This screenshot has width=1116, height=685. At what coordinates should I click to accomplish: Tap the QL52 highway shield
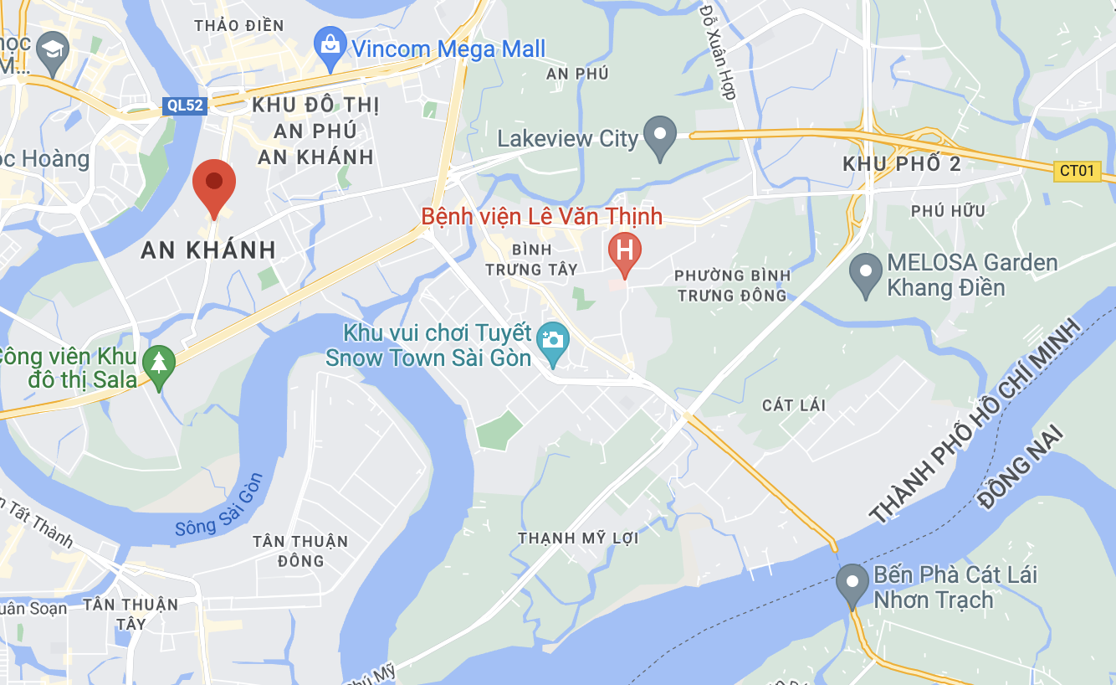(x=184, y=105)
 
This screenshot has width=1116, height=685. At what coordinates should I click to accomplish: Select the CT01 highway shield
(x=1077, y=171)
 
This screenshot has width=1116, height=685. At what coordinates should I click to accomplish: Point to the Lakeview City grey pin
(x=660, y=136)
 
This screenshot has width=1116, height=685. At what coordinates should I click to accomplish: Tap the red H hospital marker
(x=624, y=250)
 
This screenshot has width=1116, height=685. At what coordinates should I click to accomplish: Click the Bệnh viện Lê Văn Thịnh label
(x=541, y=217)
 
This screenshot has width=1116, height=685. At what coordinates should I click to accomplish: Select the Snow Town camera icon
(x=552, y=340)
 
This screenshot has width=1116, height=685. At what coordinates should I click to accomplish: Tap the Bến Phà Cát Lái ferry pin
(x=852, y=583)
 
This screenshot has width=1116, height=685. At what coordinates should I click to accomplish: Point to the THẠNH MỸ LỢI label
(x=578, y=538)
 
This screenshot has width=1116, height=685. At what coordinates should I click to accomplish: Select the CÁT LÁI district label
(x=794, y=405)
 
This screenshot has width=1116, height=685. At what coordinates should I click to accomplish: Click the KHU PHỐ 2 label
(x=902, y=164)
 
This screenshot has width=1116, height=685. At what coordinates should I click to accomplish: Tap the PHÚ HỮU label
(x=949, y=211)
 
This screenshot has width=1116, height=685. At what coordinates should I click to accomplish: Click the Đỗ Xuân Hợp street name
(x=718, y=50)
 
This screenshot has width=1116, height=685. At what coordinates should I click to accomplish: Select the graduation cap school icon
(x=54, y=48)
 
